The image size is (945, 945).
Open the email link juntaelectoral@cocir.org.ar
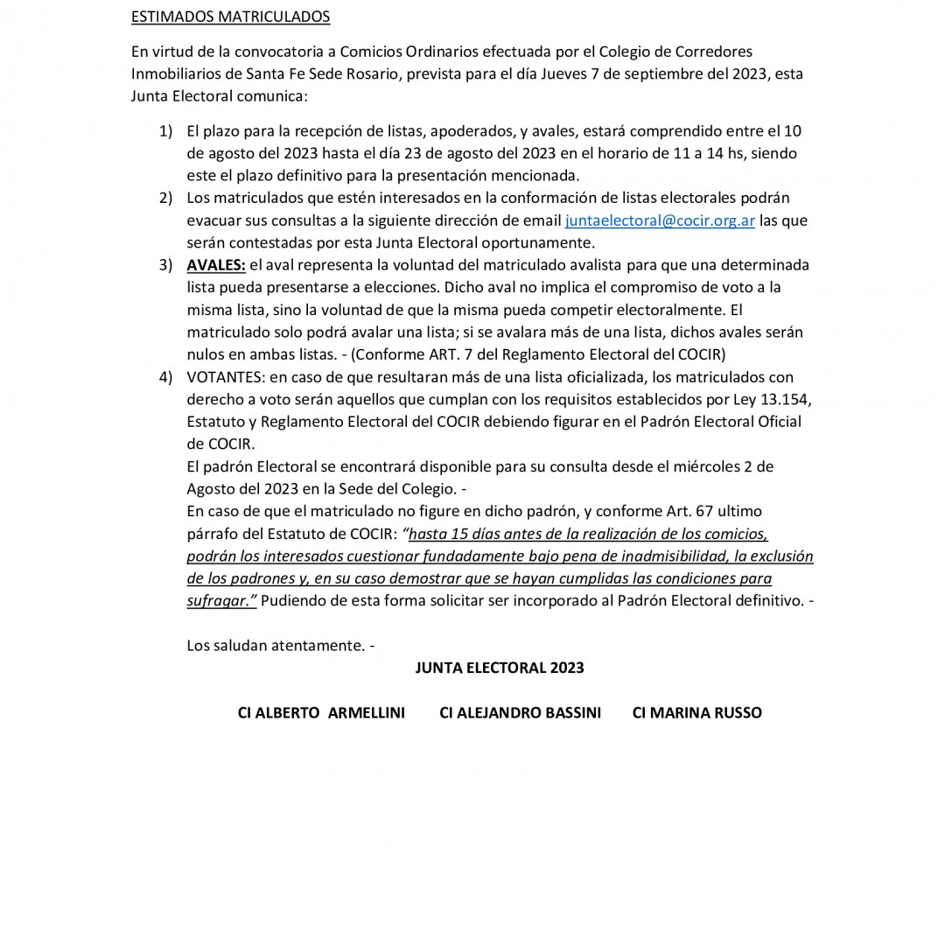[x=660, y=220]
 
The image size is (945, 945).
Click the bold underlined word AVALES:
[x=216, y=265]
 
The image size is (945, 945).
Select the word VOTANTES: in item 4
[x=226, y=377]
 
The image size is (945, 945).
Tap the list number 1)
[x=165, y=131]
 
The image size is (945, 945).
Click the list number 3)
[x=165, y=265]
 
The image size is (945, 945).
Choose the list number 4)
[x=165, y=377]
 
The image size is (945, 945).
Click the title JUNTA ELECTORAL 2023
[x=500, y=668]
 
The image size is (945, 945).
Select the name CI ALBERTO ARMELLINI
[x=321, y=713]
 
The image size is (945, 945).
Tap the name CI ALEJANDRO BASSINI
[x=520, y=713]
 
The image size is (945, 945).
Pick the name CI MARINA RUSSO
[x=696, y=713]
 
